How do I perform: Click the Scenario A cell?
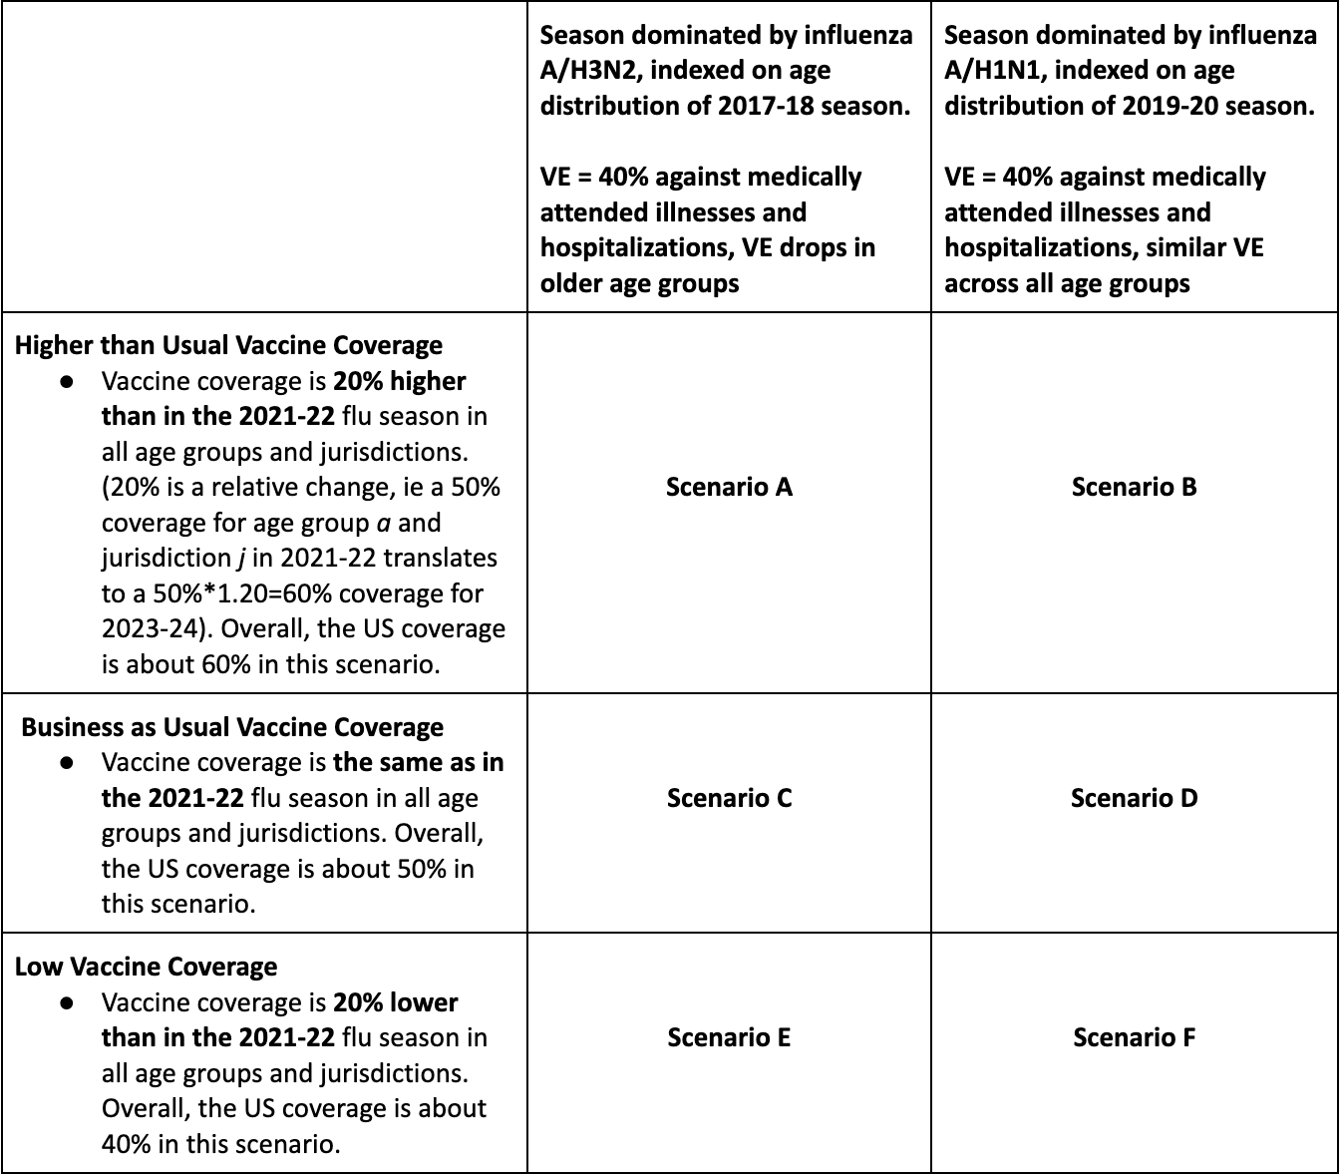(x=729, y=487)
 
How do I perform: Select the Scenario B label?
(x=1134, y=487)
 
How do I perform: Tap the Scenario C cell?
(x=729, y=798)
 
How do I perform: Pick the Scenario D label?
(x=1134, y=798)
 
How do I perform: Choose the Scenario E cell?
(x=729, y=1037)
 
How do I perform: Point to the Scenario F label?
(x=1134, y=1037)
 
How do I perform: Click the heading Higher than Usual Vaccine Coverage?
(x=228, y=345)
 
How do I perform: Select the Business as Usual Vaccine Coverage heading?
(x=232, y=727)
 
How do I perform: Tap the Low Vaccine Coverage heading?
(x=146, y=967)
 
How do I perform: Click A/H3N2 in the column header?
(x=586, y=70)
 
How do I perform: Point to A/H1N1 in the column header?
(x=990, y=70)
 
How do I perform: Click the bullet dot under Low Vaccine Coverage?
(x=67, y=1001)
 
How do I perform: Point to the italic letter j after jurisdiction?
(x=242, y=559)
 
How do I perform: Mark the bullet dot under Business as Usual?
(x=67, y=762)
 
